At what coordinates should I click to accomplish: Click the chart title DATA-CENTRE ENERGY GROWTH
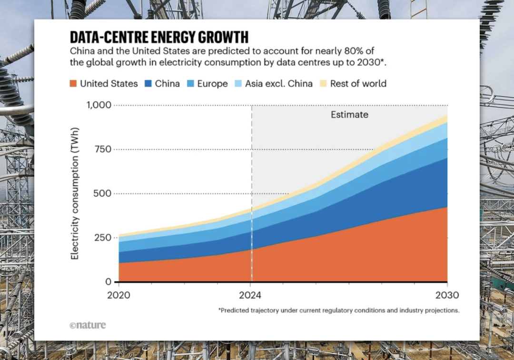159,37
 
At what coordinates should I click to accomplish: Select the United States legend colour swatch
73,84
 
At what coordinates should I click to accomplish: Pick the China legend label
168,84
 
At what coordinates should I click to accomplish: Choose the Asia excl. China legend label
279,84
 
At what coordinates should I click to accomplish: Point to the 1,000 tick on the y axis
99,105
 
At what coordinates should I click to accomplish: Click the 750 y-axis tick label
102,149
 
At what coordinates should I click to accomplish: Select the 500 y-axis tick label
102,193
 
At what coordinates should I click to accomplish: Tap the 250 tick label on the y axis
102,238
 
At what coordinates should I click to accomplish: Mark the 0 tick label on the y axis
109,282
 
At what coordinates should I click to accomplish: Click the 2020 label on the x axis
119,295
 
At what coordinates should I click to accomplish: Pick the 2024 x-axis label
250,295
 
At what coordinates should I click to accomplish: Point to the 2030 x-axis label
447,295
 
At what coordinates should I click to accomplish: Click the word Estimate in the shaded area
350,115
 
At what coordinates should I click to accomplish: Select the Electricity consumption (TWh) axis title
75,193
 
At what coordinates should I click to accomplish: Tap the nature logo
88,326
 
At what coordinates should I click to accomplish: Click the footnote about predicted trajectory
339,310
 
